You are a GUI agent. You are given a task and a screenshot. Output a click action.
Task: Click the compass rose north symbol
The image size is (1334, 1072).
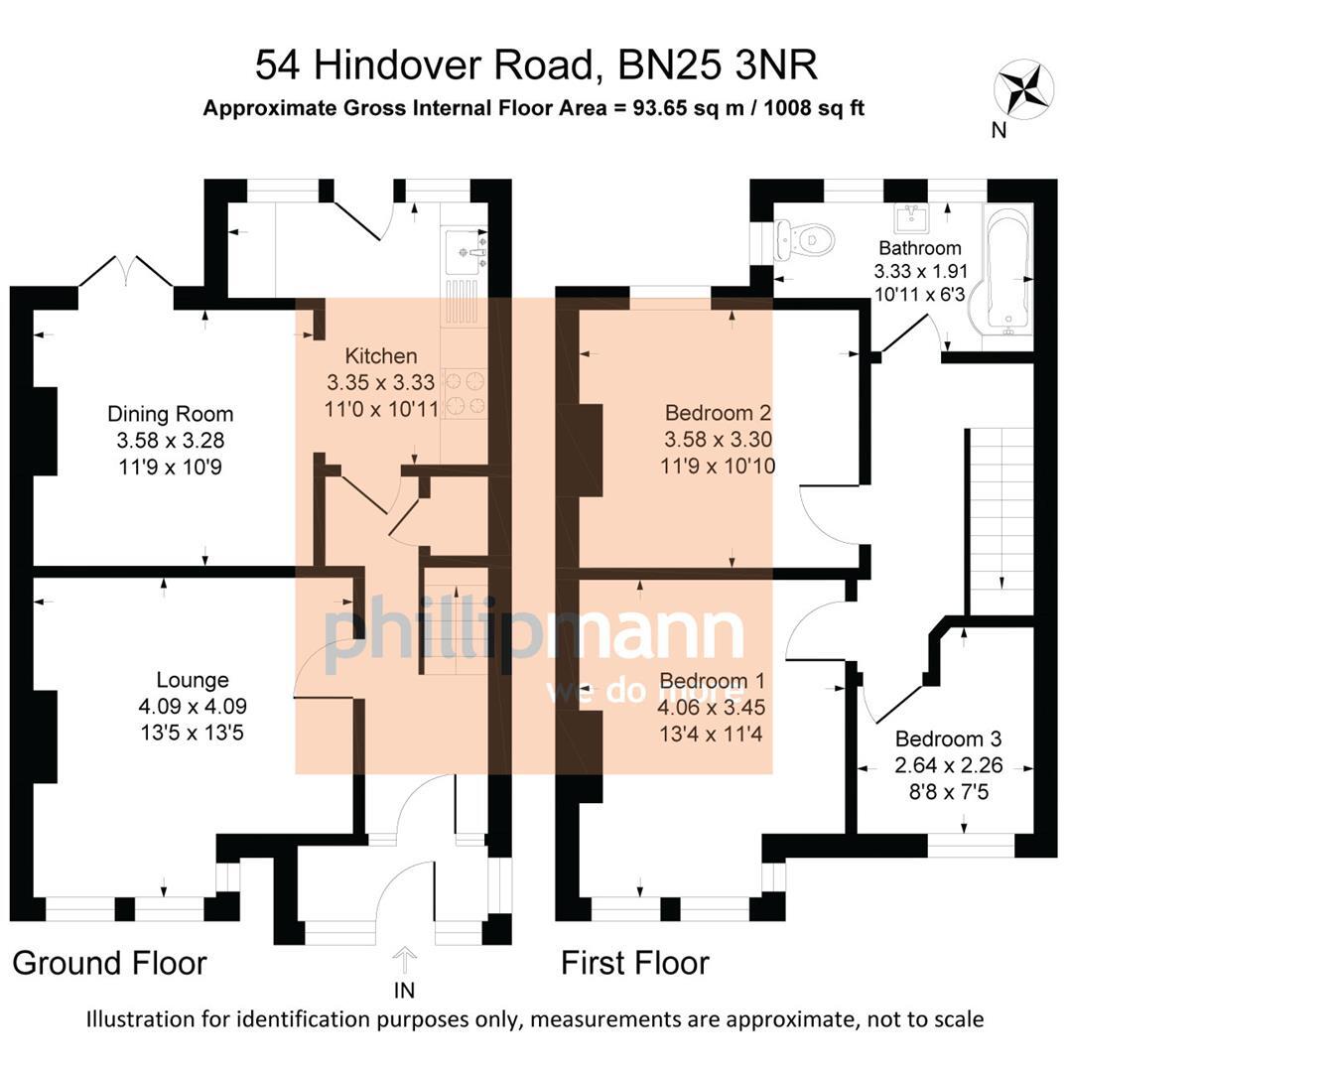pyautogui.click(x=1023, y=88)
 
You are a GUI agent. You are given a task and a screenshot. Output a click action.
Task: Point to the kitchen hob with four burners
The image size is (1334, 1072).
pyautogui.click(x=464, y=391)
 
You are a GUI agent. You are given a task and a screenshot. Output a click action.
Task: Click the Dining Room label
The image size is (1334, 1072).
pyautogui.click(x=170, y=414)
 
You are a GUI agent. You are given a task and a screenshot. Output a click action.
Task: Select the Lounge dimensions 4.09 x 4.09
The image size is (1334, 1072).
pyautogui.click(x=193, y=707)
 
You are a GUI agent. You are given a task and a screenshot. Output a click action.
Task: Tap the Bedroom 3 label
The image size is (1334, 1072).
pyautogui.click(x=948, y=738)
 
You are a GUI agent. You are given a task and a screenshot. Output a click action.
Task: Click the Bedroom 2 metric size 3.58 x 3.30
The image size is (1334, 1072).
pyautogui.click(x=718, y=440)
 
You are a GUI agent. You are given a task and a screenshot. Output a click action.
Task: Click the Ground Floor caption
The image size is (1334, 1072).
pyautogui.click(x=109, y=963)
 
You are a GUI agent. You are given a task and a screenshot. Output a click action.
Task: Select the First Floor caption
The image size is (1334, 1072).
pyautogui.click(x=634, y=963)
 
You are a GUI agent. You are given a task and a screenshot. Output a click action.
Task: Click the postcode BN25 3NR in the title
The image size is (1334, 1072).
pyautogui.click(x=718, y=66)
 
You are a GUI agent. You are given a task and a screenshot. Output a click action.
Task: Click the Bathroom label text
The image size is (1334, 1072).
pyautogui.click(x=919, y=248)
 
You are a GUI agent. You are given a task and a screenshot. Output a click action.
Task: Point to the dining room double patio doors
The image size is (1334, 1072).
pyautogui.click(x=126, y=271)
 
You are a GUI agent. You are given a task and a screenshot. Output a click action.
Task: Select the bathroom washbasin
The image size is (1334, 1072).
pyautogui.click(x=911, y=216)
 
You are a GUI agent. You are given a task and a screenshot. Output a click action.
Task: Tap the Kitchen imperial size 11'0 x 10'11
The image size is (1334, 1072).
pyautogui.click(x=381, y=408)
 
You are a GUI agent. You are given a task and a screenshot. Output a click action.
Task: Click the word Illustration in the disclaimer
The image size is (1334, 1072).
pyautogui.click(x=140, y=1019)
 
